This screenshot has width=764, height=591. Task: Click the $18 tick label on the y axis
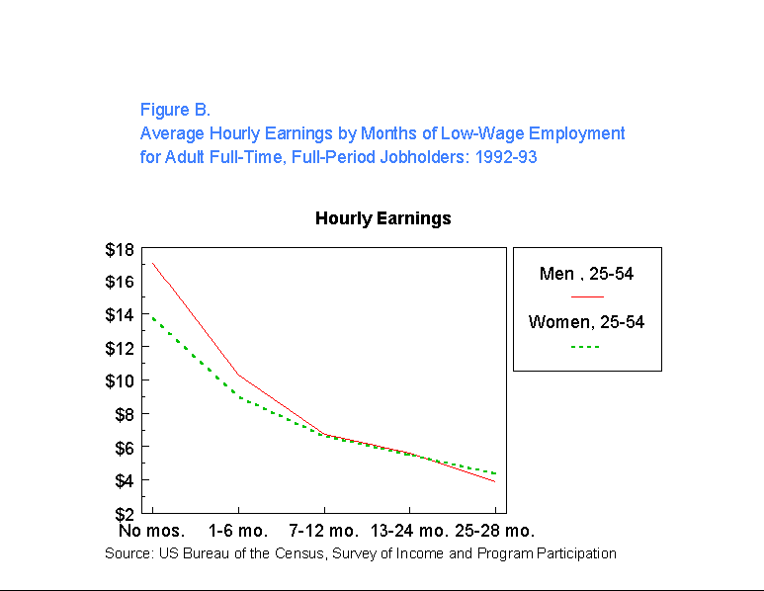click(120, 249)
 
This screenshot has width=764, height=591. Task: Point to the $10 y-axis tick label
click(120, 381)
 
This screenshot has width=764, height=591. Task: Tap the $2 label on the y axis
click(125, 514)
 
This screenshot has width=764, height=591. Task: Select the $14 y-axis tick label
click(120, 315)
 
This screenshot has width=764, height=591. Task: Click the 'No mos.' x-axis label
click(152, 531)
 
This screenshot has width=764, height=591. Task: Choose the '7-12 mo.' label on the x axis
click(323, 531)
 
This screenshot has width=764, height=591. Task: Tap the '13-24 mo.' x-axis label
click(410, 531)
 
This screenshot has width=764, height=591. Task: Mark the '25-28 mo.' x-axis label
click(493, 531)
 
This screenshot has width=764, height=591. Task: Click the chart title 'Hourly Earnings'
click(382, 218)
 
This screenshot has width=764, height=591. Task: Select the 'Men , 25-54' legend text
click(586, 274)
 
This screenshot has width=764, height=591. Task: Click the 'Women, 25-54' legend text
click(586, 322)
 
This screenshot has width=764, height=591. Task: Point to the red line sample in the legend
click(586, 295)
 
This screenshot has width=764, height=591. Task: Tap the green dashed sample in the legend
click(586, 346)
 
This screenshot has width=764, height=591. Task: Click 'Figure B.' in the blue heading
click(175, 110)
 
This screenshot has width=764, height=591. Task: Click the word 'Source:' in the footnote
click(128, 553)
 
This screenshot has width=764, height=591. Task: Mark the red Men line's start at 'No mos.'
click(152, 263)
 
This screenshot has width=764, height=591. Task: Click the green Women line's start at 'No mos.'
click(152, 317)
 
